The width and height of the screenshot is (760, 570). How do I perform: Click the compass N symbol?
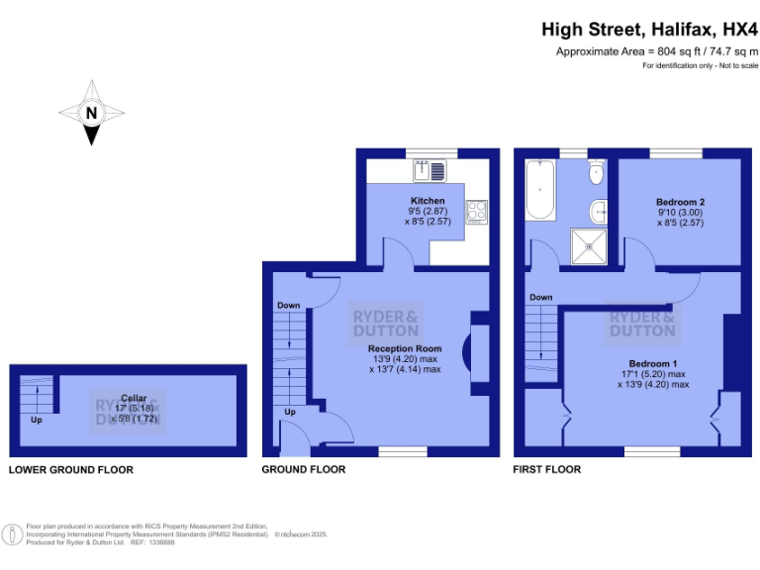(91, 114)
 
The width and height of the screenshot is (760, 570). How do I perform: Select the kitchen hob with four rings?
(476, 211)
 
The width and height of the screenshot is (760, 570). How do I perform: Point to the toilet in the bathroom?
(596, 174)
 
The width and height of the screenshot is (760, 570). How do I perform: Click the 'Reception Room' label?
(403, 348)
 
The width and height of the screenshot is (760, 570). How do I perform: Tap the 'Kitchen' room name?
(427, 201)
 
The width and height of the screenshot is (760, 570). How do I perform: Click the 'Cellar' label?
(127, 398)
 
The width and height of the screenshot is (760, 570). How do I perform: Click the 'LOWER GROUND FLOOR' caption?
(70, 469)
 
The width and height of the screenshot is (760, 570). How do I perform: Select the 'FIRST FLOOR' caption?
(547, 469)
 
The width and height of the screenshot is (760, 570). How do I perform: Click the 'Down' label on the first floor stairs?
(540, 297)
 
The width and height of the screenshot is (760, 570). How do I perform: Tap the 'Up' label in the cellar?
(37, 420)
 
